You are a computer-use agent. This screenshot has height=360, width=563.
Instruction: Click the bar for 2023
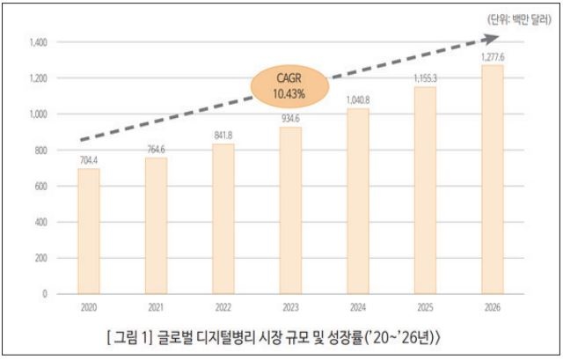point(291,210)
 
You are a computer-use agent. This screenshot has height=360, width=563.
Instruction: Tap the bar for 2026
point(493,180)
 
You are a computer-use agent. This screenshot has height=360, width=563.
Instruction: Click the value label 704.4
point(89,160)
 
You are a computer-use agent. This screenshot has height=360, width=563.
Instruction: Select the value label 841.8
point(223,136)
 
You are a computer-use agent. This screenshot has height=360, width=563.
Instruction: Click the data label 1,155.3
point(426,78)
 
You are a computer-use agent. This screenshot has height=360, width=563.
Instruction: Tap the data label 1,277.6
point(493,56)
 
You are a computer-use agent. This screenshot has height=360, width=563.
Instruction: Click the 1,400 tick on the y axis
point(40,42)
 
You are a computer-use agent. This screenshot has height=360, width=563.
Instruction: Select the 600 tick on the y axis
point(43,187)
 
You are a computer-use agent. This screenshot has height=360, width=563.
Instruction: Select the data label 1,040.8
point(358,99)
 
